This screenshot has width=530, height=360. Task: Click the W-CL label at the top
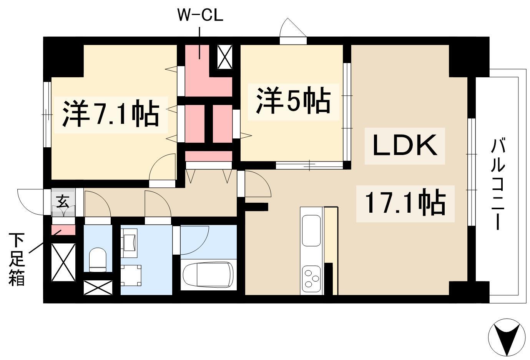(200, 16)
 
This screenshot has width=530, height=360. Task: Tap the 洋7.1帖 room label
(111, 114)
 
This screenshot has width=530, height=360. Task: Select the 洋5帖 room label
(293, 101)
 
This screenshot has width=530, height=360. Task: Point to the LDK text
(405, 146)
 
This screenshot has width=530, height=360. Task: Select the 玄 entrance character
(62, 202)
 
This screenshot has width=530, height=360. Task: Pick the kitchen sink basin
(311, 230)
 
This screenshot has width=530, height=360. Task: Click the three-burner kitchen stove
(312, 278)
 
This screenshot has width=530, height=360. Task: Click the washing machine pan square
(131, 275)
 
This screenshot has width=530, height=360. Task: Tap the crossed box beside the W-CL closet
(225, 56)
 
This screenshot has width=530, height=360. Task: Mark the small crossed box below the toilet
(98, 288)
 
